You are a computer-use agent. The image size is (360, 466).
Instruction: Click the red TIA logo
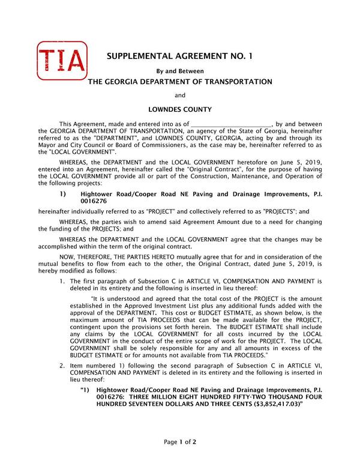(x=61, y=62)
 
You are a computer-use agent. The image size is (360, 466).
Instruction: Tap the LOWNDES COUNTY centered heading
(x=179, y=109)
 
